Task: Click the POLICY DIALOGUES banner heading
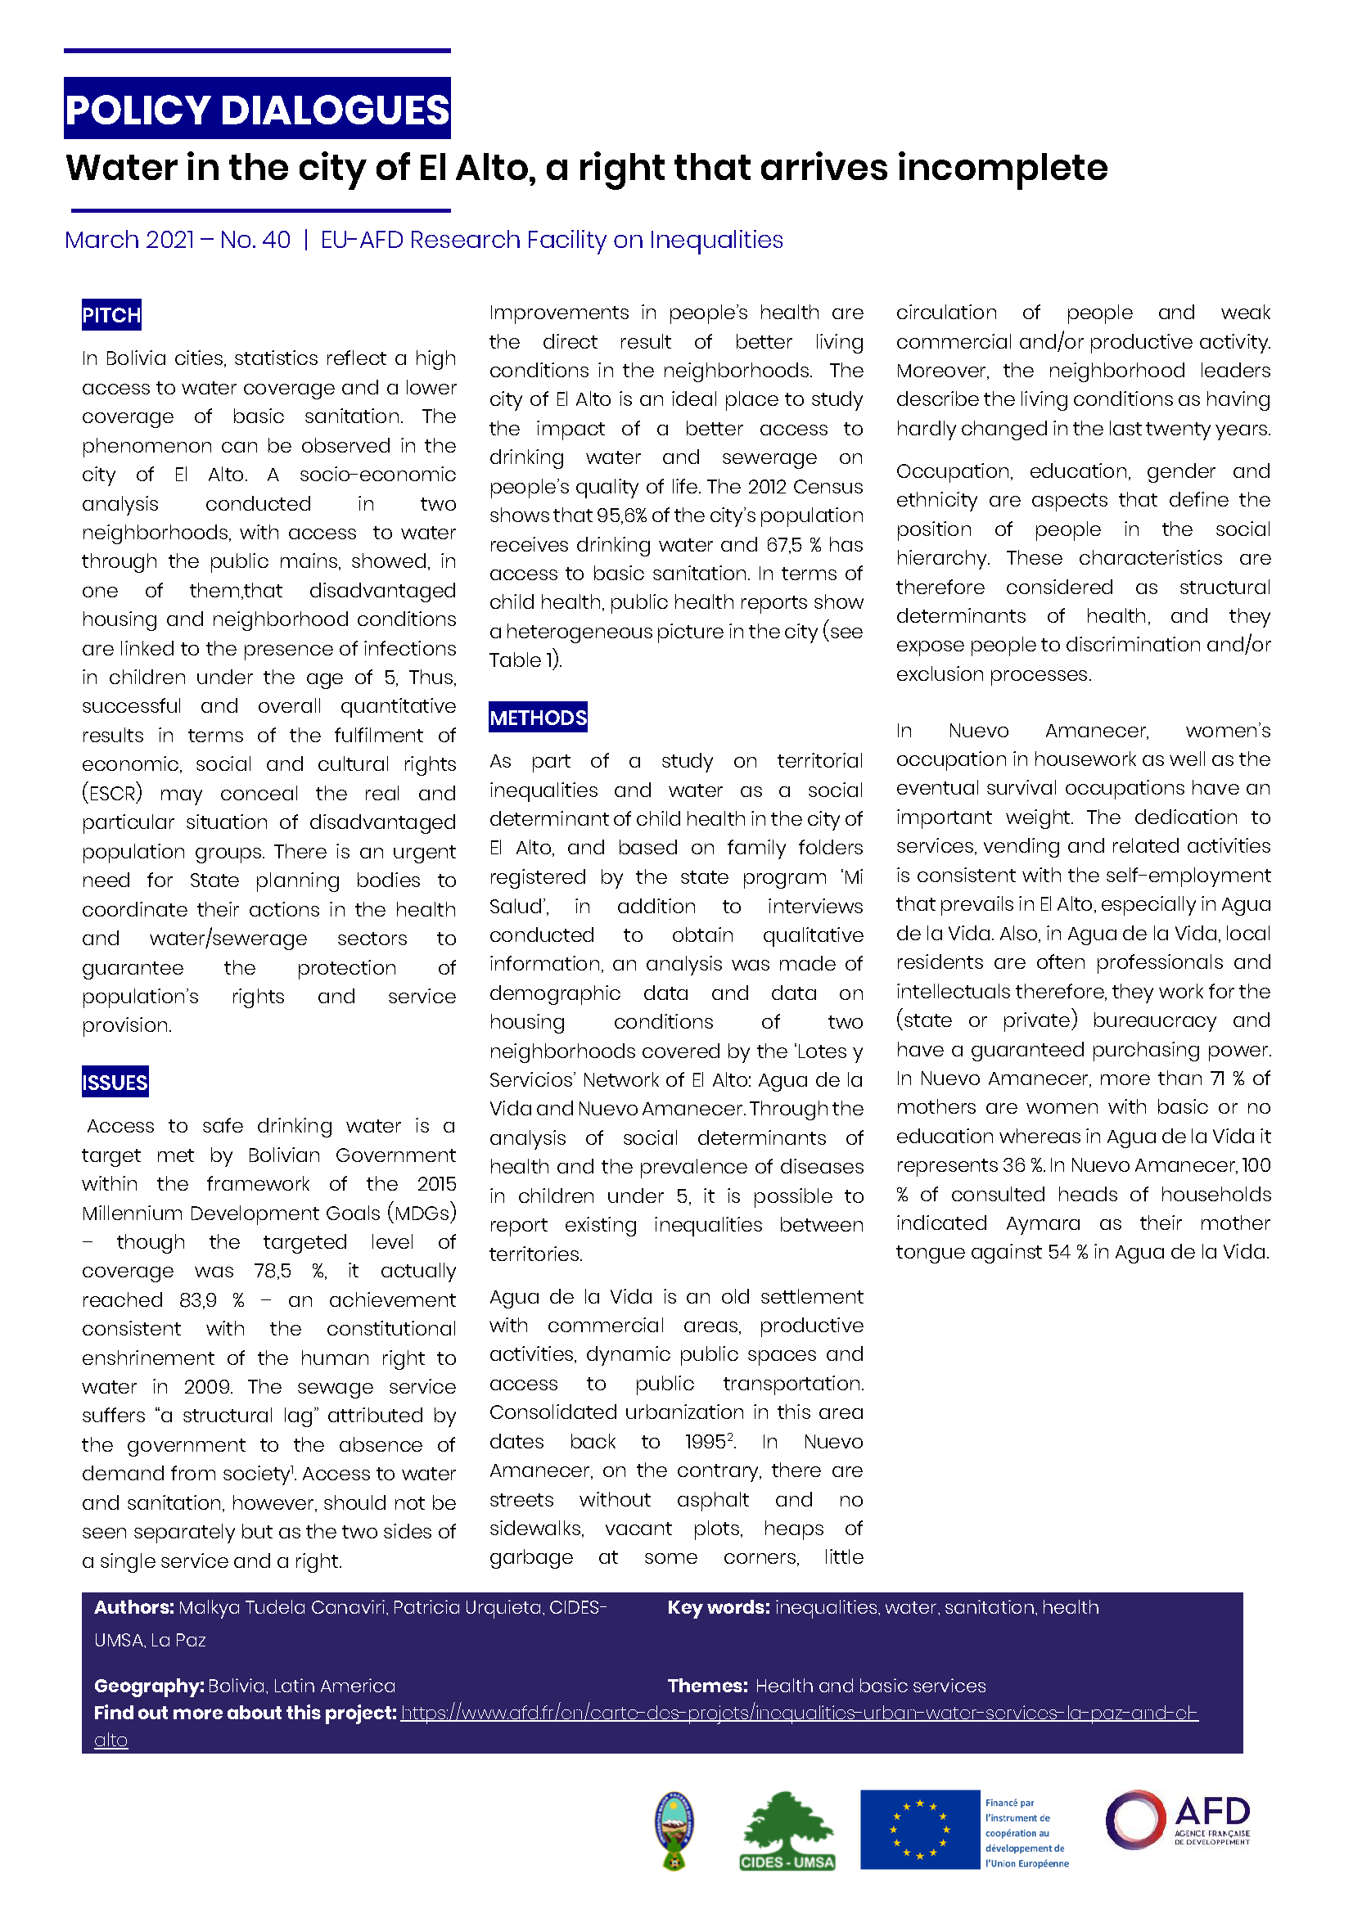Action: tap(257, 109)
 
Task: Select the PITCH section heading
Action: tap(111, 315)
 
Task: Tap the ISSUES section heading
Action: tap(115, 1082)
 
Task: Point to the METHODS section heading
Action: tap(538, 717)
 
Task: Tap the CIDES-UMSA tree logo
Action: tap(787, 1831)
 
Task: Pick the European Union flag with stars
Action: tap(919, 1829)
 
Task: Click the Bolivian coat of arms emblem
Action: tap(674, 1830)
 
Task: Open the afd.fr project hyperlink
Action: tap(799, 1712)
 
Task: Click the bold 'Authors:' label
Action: tap(133, 1607)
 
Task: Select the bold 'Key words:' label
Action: tap(718, 1607)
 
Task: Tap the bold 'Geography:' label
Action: tap(148, 1686)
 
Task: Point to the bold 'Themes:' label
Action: tap(707, 1686)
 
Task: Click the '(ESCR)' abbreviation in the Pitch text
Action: tap(111, 793)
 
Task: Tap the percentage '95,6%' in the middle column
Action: tap(622, 516)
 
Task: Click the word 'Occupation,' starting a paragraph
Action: tap(954, 471)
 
